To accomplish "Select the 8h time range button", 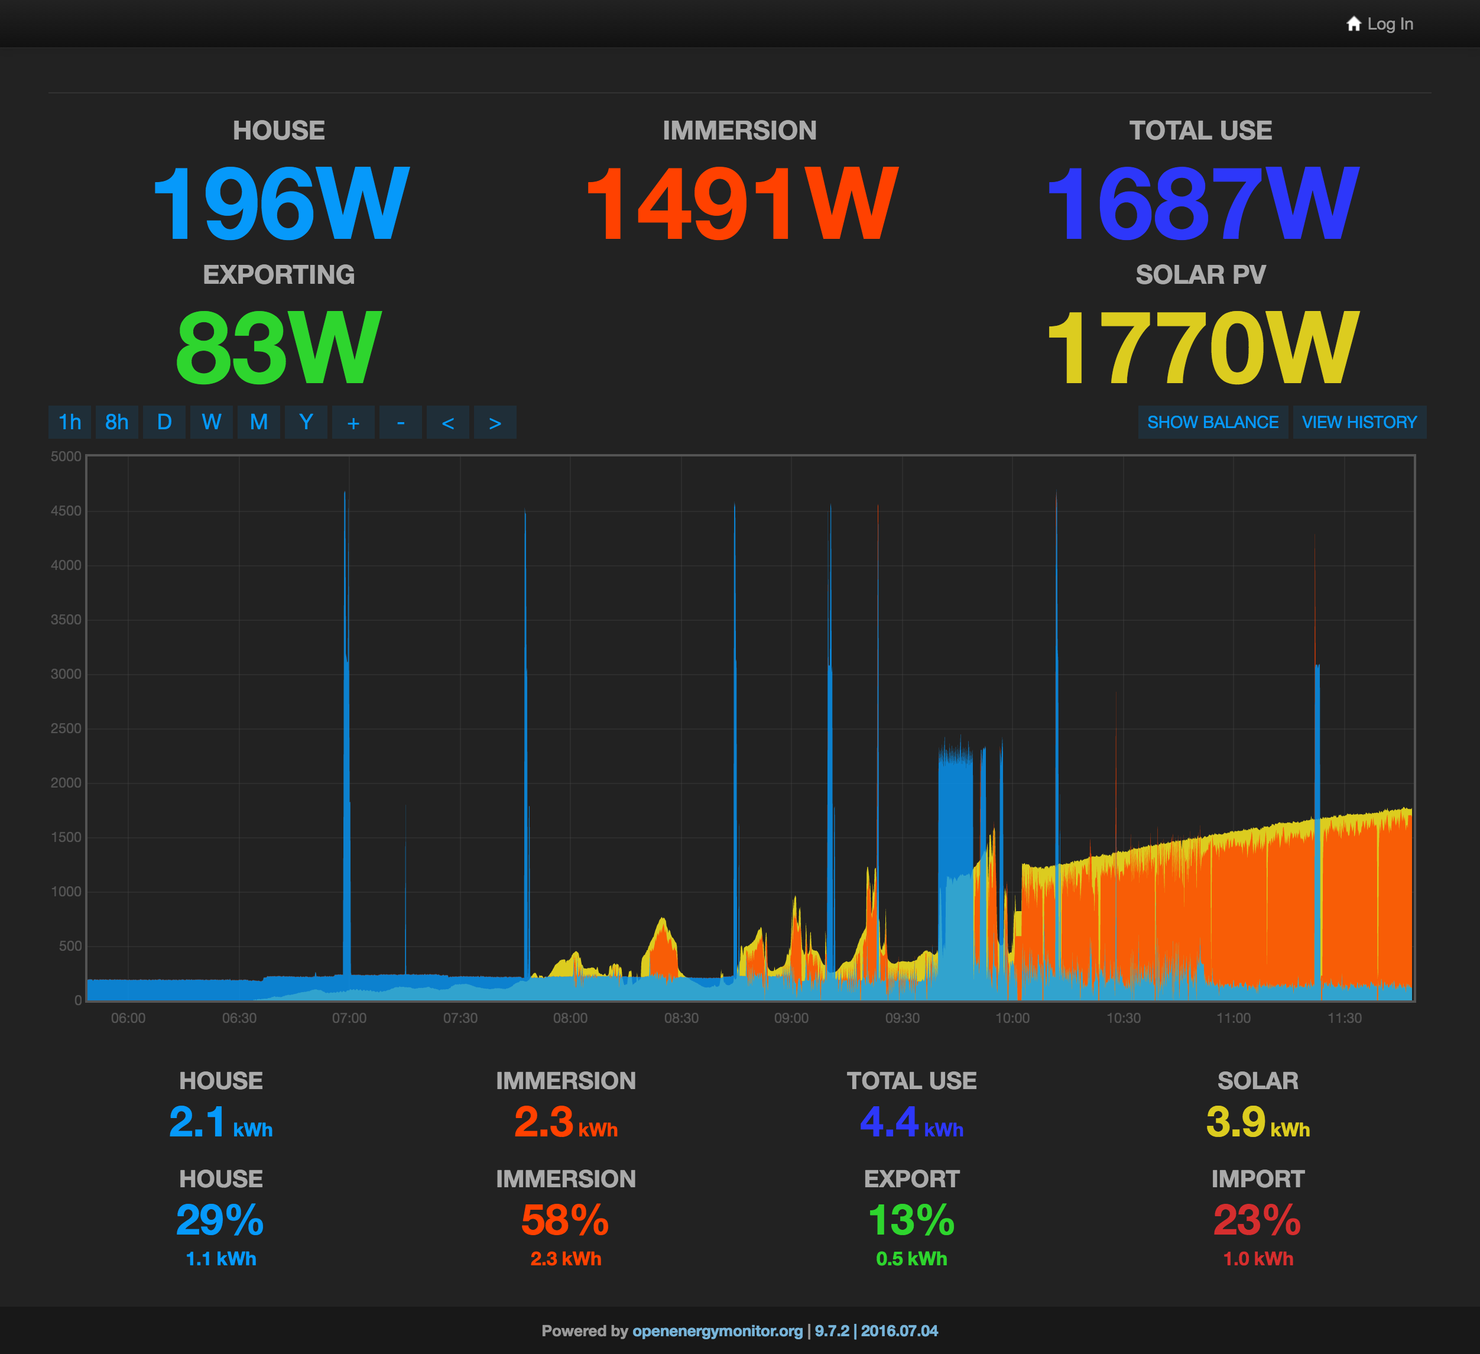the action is tap(116, 422).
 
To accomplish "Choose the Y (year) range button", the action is tap(306, 422).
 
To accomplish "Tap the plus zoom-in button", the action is tap(353, 422).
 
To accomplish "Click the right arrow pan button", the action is tap(495, 422).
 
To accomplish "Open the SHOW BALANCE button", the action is tap(1213, 422).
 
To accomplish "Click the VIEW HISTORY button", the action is tap(1359, 422).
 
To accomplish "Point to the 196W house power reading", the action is tap(280, 203).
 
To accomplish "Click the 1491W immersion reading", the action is tap(740, 203).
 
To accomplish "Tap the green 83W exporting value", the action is tap(279, 347).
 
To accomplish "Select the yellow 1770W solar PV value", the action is tap(1202, 347).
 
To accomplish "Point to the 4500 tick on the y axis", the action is tap(66, 511).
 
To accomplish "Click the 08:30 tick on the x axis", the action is tap(681, 1018).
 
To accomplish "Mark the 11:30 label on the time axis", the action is tap(1344, 1018).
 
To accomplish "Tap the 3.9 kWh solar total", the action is tap(1258, 1123).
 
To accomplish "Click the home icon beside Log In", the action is tap(1354, 24).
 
